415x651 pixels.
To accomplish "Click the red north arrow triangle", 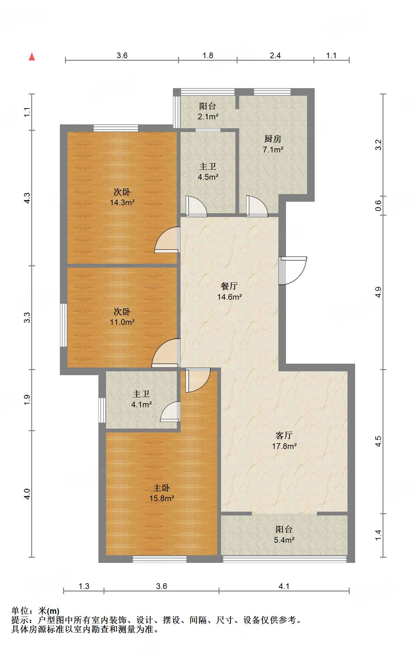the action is pos(32,57).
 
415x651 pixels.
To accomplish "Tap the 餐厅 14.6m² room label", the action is pos(229,291).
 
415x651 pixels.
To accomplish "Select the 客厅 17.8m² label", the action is pos(284,441).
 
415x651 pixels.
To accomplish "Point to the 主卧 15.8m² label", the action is pos(161,493).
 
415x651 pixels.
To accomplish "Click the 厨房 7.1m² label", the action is pos(273,144).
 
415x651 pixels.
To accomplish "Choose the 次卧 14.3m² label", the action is pos(122,197).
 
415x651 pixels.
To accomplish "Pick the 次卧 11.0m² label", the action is pos(122,317).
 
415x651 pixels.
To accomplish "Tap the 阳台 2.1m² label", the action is pos(208,111).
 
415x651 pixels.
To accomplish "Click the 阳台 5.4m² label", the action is pos(284,535).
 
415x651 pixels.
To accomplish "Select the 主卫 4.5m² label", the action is pos(208,171).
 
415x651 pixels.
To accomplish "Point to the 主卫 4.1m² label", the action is pos(141,399).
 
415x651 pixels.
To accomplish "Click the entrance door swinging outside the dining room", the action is pos(293,270).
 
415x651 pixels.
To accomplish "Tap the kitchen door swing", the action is pos(257,206).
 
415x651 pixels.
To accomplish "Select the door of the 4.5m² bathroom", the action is pos(196,206).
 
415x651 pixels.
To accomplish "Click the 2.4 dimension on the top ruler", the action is pos(275,56).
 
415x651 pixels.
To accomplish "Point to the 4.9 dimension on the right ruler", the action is pos(378,292).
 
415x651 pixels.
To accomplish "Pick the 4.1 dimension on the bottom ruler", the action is pos(284,586).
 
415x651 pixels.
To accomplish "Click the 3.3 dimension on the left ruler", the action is pos(27,318).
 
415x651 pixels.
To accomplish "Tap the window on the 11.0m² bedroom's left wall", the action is pos(64,325).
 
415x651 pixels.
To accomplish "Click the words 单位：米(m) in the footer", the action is pos(35,611).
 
